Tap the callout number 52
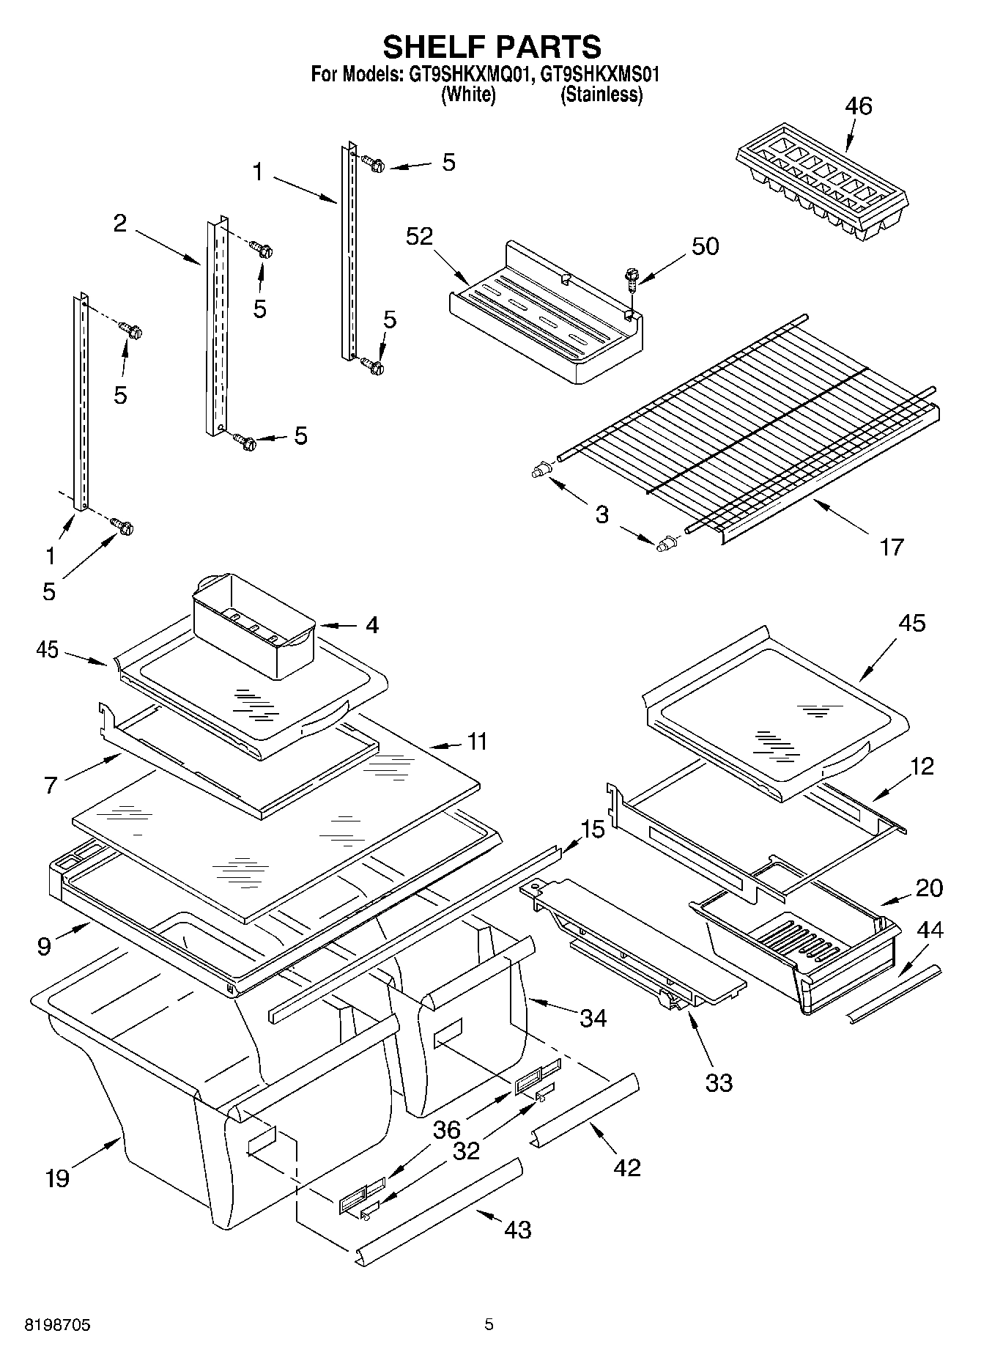[x=420, y=236]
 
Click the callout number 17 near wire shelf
[x=891, y=546]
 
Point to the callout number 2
[x=120, y=224]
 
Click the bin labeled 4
[x=253, y=623]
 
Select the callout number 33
[x=718, y=1082]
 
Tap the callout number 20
[x=929, y=887]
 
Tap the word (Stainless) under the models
[x=601, y=95]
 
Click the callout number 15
[x=593, y=830]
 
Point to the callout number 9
[x=45, y=946]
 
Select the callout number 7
[x=50, y=786]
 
